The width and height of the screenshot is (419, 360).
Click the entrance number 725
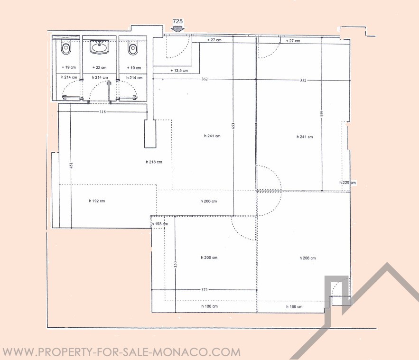(177, 21)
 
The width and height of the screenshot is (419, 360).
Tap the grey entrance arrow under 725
(177, 29)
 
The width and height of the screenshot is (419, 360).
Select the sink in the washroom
(99, 47)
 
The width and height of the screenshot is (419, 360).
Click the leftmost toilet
(66, 49)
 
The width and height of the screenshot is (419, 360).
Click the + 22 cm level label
(99, 67)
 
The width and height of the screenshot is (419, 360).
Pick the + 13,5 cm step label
(179, 71)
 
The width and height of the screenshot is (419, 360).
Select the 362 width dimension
(205, 79)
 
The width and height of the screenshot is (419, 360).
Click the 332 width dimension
(303, 80)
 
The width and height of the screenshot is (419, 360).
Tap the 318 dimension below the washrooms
(102, 111)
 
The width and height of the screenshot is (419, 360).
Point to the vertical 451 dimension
(71, 166)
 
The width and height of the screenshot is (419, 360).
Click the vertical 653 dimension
(233, 126)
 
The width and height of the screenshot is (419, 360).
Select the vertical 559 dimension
(322, 114)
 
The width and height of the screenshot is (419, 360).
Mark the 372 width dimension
(205, 289)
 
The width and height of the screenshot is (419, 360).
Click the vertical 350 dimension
(175, 264)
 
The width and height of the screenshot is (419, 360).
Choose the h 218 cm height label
(154, 162)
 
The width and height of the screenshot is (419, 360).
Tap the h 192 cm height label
(97, 201)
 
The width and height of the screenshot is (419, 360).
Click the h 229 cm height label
(348, 183)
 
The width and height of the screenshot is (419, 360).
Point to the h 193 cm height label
(160, 224)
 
